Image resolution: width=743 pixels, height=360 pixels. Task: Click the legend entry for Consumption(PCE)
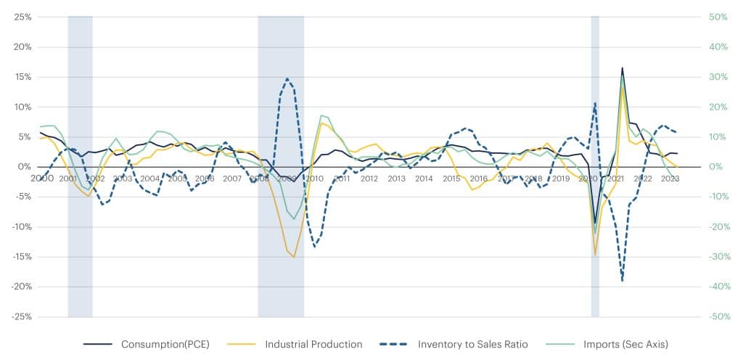click(x=165, y=344)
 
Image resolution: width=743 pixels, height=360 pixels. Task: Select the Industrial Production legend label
click(x=313, y=344)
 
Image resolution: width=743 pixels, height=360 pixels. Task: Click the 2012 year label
click(x=369, y=179)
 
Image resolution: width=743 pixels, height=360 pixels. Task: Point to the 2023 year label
click(x=670, y=179)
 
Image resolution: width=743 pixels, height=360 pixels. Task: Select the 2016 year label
click(x=478, y=179)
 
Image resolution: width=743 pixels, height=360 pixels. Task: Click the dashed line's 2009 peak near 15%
click(x=287, y=78)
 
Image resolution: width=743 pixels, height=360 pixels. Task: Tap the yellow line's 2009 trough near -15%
click(x=294, y=257)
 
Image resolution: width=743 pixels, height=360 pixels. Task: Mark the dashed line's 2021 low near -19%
click(x=622, y=280)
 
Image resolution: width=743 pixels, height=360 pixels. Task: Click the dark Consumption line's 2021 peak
click(x=622, y=67)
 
